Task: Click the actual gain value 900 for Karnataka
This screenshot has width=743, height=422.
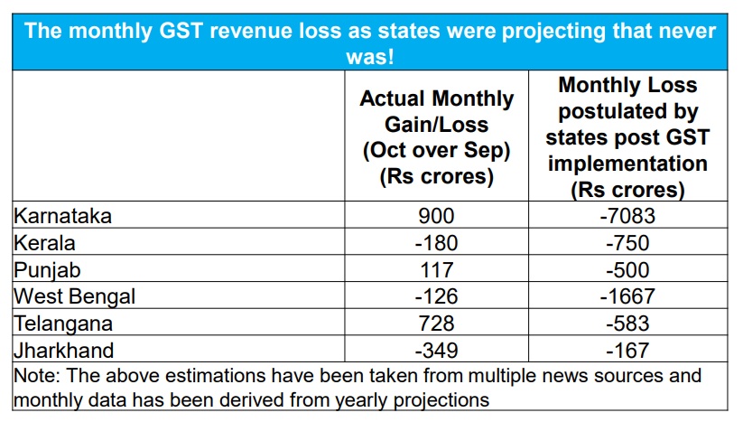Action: (437, 216)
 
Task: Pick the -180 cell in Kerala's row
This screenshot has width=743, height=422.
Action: (437, 242)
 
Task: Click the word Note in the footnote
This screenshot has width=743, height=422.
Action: (36, 374)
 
